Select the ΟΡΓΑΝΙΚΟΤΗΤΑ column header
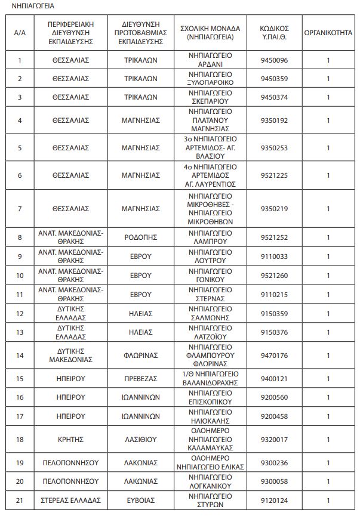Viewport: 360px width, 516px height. click(x=328, y=33)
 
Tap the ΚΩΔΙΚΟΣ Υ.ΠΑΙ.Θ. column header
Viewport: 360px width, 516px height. click(x=274, y=33)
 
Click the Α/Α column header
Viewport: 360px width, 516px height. click(x=20, y=33)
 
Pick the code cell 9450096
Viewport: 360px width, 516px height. click(x=274, y=60)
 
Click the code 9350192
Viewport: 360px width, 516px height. click(x=274, y=120)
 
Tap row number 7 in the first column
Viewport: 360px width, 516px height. click(x=20, y=208)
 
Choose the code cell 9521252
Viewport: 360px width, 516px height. click(x=274, y=237)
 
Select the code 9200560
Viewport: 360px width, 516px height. click(x=274, y=397)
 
